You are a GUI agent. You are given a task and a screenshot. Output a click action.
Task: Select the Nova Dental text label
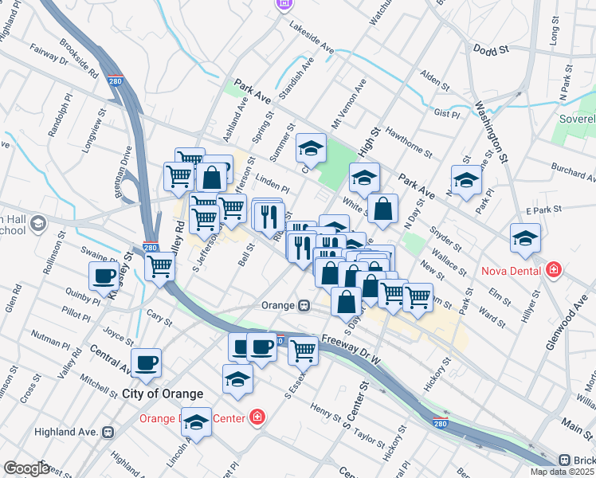(512, 271)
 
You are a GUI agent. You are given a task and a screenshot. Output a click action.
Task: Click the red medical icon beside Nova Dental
(552, 271)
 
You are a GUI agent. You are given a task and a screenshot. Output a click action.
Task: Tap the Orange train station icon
(304, 305)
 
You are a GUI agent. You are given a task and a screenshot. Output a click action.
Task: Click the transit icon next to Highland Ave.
(109, 432)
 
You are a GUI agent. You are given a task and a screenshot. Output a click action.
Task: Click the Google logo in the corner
(26, 468)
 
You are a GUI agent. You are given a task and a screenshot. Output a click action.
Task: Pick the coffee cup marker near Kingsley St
(103, 277)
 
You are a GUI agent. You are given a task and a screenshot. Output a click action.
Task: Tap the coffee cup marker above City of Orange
(147, 364)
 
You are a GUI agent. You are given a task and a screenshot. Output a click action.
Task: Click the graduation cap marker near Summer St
(311, 147)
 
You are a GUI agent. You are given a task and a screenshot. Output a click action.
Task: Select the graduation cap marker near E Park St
(525, 238)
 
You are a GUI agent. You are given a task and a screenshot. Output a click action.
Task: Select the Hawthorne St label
(408, 142)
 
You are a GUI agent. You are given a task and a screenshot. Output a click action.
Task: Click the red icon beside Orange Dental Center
(257, 417)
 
